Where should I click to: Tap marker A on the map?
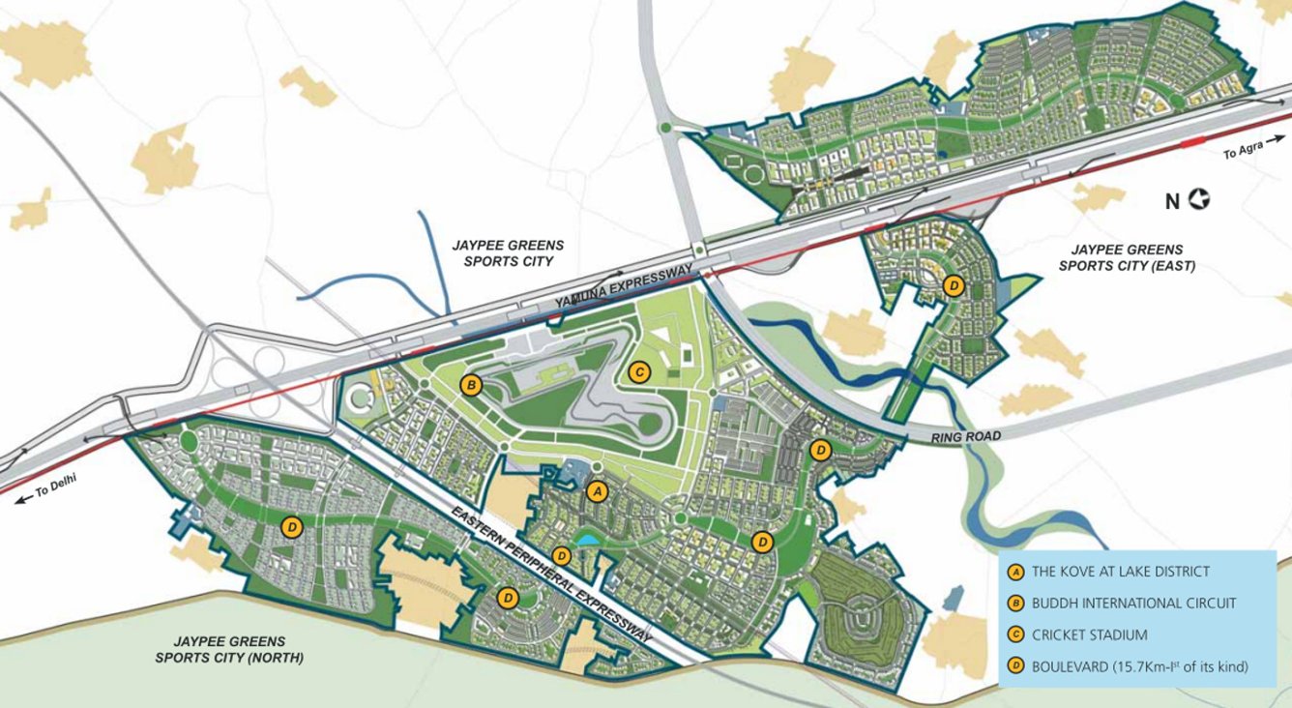(x=597, y=491)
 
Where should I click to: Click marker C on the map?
(x=638, y=370)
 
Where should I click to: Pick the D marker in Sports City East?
(x=954, y=285)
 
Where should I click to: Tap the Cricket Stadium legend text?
(x=1089, y=635)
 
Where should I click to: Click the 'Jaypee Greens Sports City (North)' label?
(x=229, y=649)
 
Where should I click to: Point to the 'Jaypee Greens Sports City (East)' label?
(x=1128, y=256)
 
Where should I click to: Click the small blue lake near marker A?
(x=587, y=539)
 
